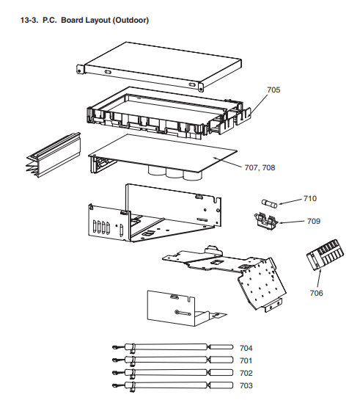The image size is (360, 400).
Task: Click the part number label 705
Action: coord(273,90)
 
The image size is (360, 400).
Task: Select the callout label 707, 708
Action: coord(260,167)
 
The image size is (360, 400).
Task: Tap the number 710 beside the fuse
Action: coord(310,198)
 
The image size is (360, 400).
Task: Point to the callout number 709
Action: coord(313,221)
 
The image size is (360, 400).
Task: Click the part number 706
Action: coord(316,293)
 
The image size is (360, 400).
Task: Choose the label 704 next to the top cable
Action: coord(246,348)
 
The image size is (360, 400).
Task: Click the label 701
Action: coord(246,360)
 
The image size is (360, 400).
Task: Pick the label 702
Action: coord(246,373)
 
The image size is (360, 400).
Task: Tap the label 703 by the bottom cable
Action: coord(246,385)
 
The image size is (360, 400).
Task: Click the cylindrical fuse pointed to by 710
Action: coord(269,204)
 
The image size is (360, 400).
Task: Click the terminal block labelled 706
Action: coord(325,255)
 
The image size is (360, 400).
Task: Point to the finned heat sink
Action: coord(54,155)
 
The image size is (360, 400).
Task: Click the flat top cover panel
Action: coord(159,66)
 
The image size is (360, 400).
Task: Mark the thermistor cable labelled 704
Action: coord(172,347)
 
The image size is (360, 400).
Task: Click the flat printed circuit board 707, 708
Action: coord(163,153)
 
